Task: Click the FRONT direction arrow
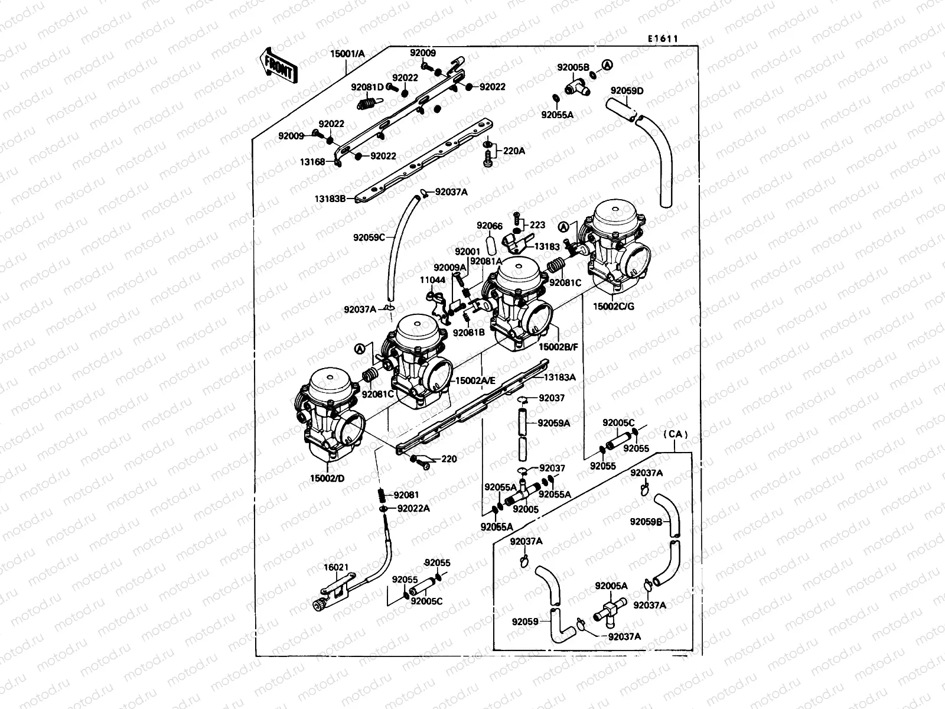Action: pos(278,64)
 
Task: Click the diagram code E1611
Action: pos(662,38)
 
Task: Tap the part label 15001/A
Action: pos(347,54)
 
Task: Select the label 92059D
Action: pos(627,90)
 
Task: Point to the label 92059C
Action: pos(369,238)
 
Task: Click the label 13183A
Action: pos(559,377)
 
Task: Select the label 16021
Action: pos(335,567)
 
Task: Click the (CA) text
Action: pos(676,434)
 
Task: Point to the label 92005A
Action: pos(611,586)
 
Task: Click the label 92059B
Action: pos(646,522)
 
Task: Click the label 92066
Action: pos(490,226)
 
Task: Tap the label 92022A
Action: pos(413,508)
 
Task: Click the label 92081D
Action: pos(367,87)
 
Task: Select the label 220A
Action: pos(513,151)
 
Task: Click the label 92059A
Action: pos(554,423)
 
